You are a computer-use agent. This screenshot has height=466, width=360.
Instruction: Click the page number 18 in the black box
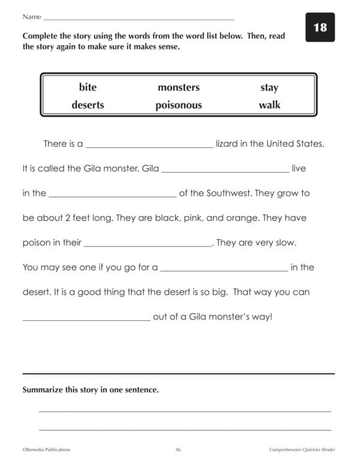point(320,28)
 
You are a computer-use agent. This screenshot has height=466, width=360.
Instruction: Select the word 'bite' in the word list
point(88,88)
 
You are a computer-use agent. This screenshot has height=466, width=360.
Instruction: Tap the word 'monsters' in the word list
point(178,88)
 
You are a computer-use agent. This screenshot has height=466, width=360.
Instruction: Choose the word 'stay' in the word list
point(269,88)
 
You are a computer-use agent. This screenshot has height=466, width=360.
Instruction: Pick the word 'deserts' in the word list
point(88,105)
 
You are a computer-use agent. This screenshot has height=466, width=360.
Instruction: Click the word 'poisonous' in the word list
point(178,106)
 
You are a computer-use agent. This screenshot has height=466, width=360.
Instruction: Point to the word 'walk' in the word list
point(269,105)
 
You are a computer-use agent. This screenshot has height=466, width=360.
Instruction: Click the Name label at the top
point(32,17)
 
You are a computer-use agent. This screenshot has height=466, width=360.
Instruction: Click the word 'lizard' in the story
point(230,144)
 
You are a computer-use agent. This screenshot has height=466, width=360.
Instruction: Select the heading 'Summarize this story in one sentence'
point(91,390)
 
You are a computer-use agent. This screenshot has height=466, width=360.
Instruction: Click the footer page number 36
point(178,449)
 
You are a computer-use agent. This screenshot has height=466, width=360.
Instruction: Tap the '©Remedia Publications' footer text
point(47,449)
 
